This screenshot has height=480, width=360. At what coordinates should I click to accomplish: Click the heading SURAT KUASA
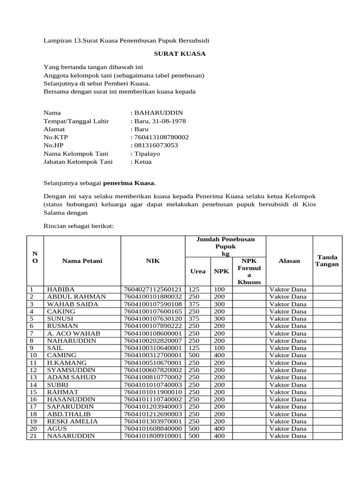click(180, 54)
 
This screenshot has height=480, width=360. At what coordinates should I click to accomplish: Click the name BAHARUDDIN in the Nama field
click(158, 113)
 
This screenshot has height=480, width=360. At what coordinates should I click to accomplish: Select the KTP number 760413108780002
click(161, 137)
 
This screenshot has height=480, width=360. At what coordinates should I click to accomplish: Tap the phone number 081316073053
click(156, 145)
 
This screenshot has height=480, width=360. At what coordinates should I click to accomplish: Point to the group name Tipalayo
click(147, 154)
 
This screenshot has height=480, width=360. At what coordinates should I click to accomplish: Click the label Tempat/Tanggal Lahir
click(76, 121)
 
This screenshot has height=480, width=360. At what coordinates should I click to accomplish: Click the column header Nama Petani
click(82, 261)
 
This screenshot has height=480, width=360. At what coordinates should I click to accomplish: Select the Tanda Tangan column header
click(328, 261)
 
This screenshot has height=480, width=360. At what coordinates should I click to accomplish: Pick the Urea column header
click(197, 271)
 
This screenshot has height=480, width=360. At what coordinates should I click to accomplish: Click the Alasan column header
click(289, 261)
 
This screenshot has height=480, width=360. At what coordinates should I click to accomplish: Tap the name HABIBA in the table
click(60, 290)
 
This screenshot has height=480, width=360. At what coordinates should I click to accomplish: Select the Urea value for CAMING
click(194, 355)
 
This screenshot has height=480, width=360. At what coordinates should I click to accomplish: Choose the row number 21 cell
click(34, 435)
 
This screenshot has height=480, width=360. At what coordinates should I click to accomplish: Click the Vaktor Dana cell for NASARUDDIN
click(288, 435)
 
